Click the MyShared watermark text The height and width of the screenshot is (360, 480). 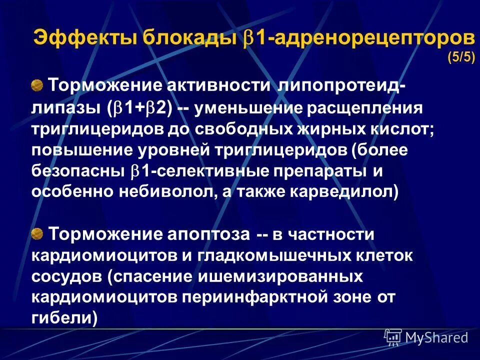click(436, 337)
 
